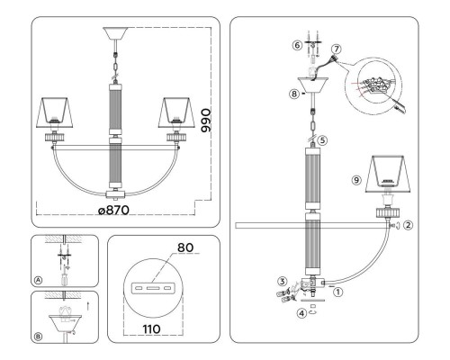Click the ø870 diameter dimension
tap(114, 210)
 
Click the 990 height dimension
tap(206, 121)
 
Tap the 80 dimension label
tap(185, 247)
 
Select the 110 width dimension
tap(152, 329)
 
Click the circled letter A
tap(38, 280)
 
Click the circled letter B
tap(38, 337)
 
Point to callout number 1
tap(338, 292)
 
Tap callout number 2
tap(409, 225)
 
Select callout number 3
tap(283, 282)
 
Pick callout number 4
tap(301, 313)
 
